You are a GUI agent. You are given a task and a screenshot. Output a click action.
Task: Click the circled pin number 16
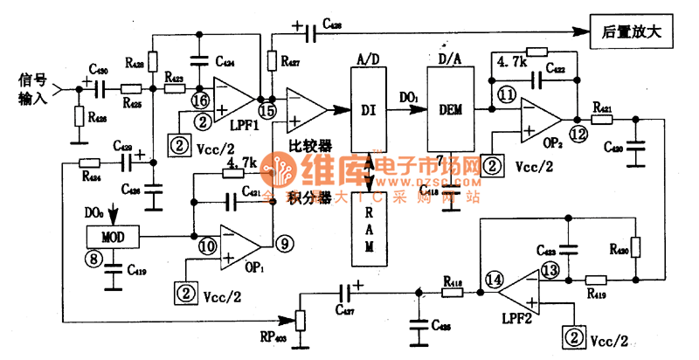pyautogui.click(x=199, y=100)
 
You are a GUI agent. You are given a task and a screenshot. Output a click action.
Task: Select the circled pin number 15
pyautogui.click(x=266, y=111)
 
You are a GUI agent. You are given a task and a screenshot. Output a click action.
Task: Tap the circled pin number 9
pyautogui.click(x=282, y=243)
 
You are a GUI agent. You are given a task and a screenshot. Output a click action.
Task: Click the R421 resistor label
pyautogui.click(x=601, y=107)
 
